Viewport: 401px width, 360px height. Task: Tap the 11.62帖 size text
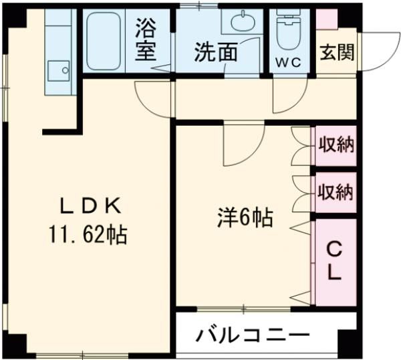click(88, 235)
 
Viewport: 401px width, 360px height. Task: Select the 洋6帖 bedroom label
click(244, 217)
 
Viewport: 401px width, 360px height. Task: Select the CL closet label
click(335, 261)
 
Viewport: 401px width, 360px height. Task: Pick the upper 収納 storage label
click(336, 145)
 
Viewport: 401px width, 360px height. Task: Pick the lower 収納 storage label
click(336, 193)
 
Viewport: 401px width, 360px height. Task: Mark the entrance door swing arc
click(378, 50)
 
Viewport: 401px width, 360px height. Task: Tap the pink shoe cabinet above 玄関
click(327, 19)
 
